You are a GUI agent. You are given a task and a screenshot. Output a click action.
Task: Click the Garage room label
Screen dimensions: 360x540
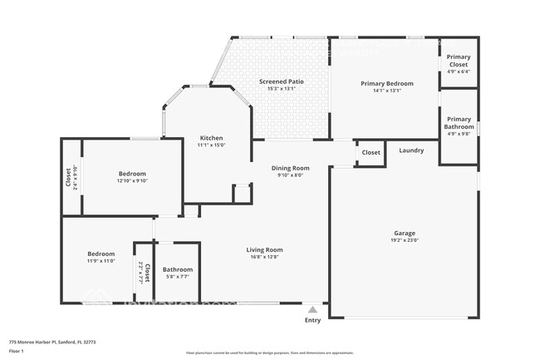pyautogui.click(x=405, y=234)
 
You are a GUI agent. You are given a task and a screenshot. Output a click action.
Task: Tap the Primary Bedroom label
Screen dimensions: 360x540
pyautogui.click(x=386, y=83)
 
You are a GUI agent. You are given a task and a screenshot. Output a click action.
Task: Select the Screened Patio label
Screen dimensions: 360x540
pyautogui.click(x=281, y=81)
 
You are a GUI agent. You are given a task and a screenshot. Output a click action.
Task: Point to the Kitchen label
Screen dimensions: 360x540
pyautogui.click(x=211, y=137)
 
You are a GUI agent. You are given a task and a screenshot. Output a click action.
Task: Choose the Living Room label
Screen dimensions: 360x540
pyautogui.click(x=264, y=249)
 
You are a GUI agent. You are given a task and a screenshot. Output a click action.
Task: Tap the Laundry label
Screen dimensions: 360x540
pyautogui.click(x=411, y=150)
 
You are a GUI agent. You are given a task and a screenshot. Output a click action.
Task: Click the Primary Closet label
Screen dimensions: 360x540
pyautogui.click(x=459, y=60)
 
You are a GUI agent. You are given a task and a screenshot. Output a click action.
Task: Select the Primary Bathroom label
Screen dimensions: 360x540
pyautogui.click(x=459, y=123)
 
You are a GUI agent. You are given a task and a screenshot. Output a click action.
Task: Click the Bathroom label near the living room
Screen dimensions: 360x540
pyautogui.click(x=178, y=269)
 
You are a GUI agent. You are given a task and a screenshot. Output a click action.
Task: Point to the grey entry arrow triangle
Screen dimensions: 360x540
pyautogui.click(x=312, y=309)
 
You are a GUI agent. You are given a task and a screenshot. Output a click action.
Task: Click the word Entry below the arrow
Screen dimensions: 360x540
pyautogui.click(x=312, y=320)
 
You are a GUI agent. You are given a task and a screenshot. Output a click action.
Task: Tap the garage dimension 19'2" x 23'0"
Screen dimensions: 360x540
pyautogui.click(x=405, y=241)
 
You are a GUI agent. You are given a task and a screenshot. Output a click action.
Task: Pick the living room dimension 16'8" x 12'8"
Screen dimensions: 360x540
pyautogui.click(x=264, y=257)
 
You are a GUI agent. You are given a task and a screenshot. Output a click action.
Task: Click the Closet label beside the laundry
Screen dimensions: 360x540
pyautogui.click(x=371, y=153)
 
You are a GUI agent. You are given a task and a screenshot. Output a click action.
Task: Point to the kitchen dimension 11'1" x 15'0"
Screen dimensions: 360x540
pyautogui.click(x=211, y=145)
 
